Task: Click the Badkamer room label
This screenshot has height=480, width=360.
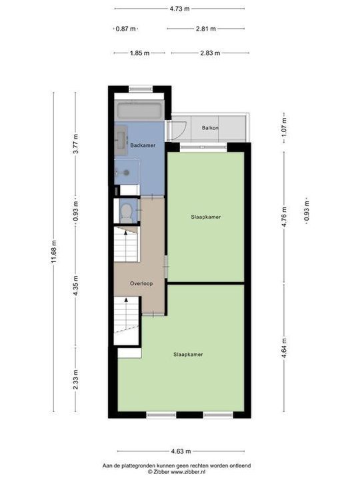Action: [143, 145]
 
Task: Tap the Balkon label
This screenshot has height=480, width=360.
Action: [211, 127]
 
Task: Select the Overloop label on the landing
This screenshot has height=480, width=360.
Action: [141, 283]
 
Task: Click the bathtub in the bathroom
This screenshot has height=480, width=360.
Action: [139, 111]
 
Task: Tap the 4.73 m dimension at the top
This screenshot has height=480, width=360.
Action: [179, 9]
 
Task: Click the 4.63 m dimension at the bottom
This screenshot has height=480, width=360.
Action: [179, 451]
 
